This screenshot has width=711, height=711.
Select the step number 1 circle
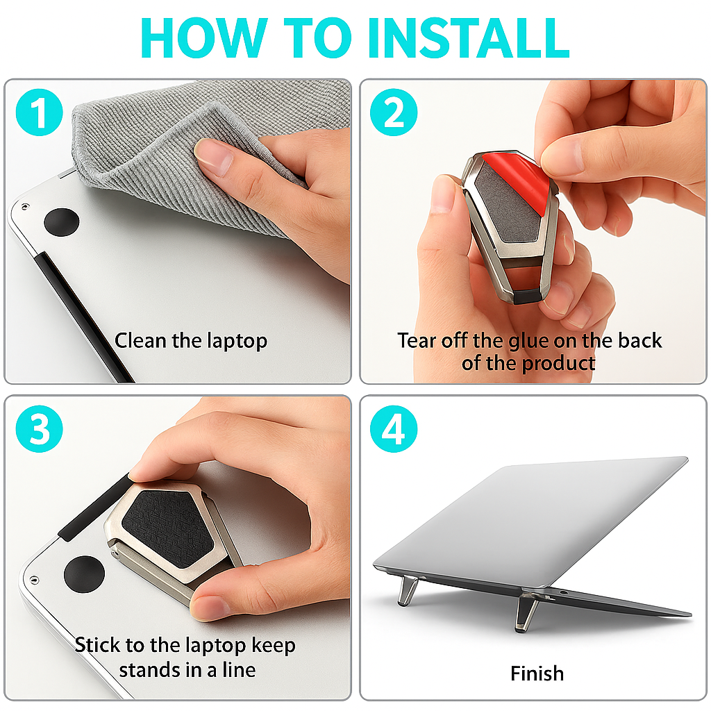coord(40,112)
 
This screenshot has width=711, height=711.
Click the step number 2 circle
coord(394,112)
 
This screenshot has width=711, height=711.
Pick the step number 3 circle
coord(40,428)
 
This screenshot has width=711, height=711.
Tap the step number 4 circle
coord(394,428)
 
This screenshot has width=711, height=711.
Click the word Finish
coord(537,674)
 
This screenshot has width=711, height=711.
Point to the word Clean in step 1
coord(140,340)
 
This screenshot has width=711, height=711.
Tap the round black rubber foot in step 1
coord(62,222)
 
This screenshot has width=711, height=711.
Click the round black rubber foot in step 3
coord(85,574)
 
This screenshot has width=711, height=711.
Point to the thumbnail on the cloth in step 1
coord(214,156)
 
